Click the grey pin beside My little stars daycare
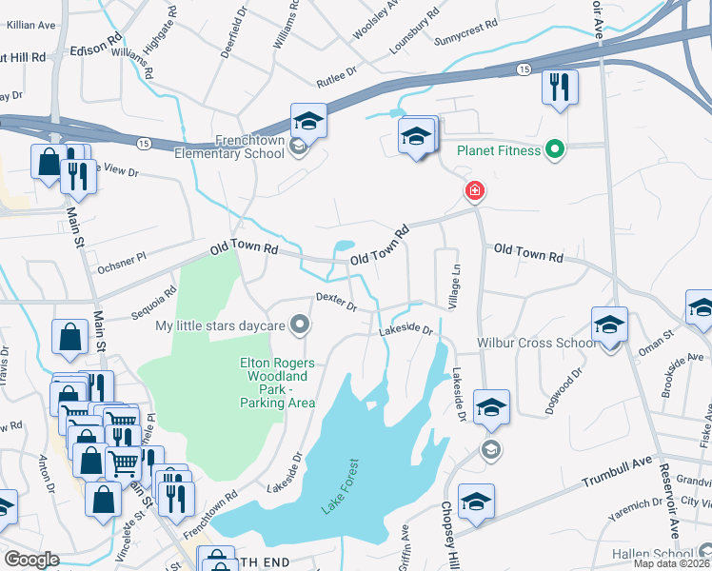301,326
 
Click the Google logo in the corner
32,560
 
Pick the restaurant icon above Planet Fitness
560,88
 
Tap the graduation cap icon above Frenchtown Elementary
308,121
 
